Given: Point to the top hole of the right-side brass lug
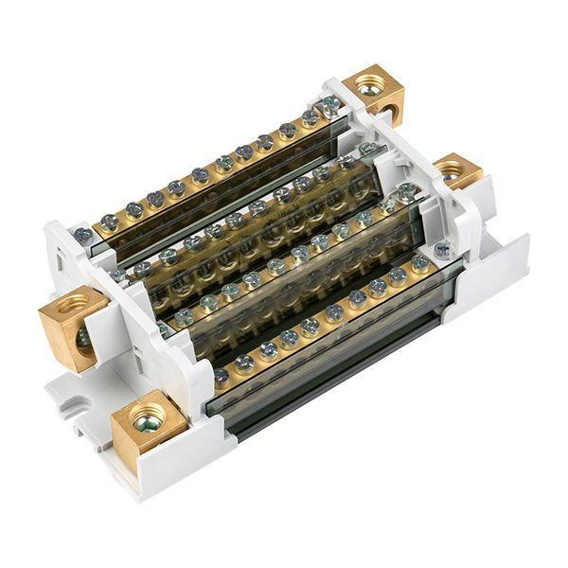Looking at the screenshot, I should pyautogui.click(x=453, y=168).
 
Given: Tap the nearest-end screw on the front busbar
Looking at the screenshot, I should pyautogui.click(x=222, y=376).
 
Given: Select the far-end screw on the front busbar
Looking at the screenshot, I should pyautogui.click(x=420, y=262).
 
